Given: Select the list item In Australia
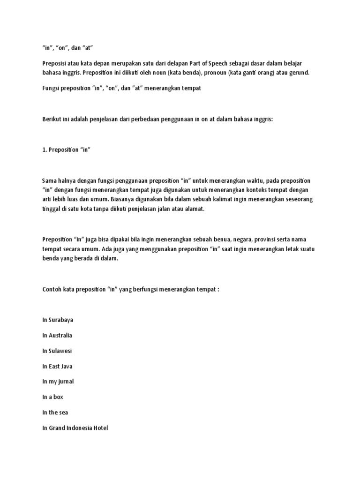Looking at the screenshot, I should point(57,335).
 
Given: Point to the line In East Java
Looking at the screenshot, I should point(57,366).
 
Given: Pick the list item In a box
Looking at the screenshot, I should point(52,397).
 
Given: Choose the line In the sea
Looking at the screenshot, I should point(55,412).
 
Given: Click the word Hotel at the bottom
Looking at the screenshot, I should point(99,428).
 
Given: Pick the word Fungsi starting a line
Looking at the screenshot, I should point(52,89).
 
